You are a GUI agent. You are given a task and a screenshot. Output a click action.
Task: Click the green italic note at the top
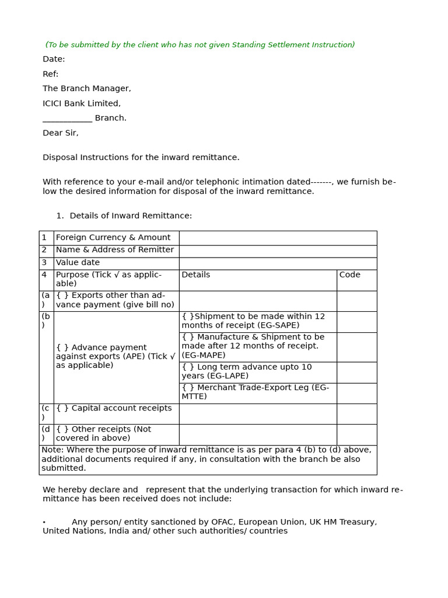pyautogui.click(x=200, y=45)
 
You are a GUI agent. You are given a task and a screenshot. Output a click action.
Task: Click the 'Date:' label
pyautogui.click(x=54, y=59)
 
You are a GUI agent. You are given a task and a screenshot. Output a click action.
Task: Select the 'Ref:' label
pyautogui.click(x=51, y=74)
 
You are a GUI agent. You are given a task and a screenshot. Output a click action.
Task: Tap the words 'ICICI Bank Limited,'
pyautogui.click(x=82, y=103)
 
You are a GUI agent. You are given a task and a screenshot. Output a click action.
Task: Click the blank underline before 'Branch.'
pyautogui.click(x=67, y=119)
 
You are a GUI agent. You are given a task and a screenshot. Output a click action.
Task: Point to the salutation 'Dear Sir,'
pyautogui.click(x=60, y=133)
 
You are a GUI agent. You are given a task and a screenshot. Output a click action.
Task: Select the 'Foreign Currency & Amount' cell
pyautogui.click(x=113, y=238)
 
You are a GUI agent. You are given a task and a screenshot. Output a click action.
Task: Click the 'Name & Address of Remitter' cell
pyautogui.click(x=115, y=250)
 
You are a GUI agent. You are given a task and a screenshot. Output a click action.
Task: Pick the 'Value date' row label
pyautogui.click(x=78, y=263)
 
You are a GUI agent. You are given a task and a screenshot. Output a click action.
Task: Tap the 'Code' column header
pyautogui.click(x=350, y=274)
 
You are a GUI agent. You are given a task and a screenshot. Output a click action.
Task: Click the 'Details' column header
pyautogui.click(x=196, y=274)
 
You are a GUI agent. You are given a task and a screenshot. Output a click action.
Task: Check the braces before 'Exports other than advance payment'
pyautogui.click(x=62, y=295)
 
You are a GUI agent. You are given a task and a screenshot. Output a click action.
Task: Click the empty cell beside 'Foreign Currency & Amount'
pyautogui.click(x=278, y=238)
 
